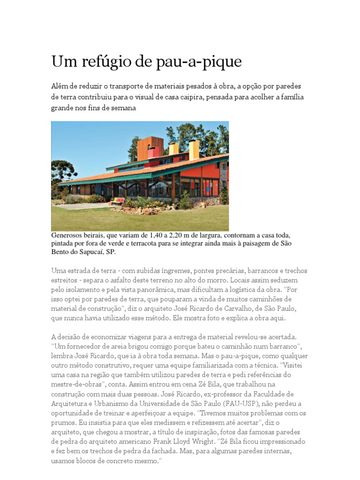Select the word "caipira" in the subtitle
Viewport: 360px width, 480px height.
click(219, 97)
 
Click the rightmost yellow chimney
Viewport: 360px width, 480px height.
click(194, 149)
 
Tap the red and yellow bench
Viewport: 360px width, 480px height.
click(117, 201)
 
